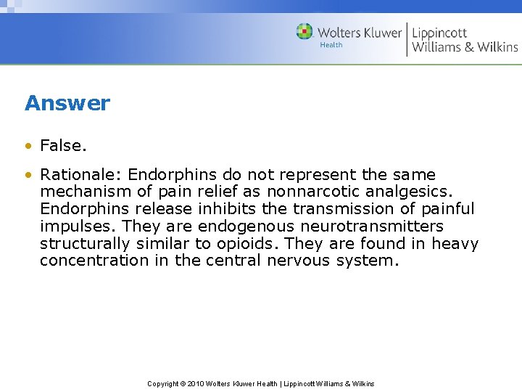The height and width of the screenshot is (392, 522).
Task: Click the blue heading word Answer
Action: pos(67,103)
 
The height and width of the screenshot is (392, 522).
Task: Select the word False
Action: pos(63,146)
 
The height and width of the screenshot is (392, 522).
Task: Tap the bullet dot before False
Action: pos(28,146)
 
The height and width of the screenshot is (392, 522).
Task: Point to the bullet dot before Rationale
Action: pos(28,175)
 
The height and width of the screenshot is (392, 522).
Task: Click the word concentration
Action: pos(94,261)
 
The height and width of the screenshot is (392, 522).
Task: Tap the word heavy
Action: pos(455,244)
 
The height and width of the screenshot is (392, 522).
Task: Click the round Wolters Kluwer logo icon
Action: pos(304,32)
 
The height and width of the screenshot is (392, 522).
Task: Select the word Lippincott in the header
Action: pos(440,33)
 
